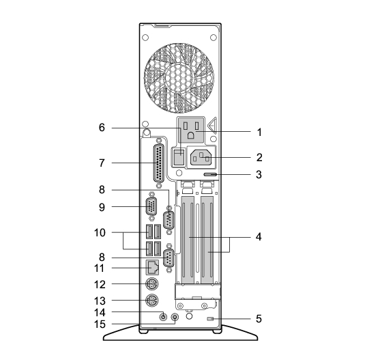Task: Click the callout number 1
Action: (x=259, y=133)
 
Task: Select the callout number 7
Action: (x=102, y=163)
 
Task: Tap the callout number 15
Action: (x=100, y=324)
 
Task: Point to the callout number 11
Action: (x=100, y=268)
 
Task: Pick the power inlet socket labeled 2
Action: (x=201, y=158)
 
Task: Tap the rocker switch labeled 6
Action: (x=179, y=156)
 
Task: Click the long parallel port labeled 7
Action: (x=159, y=163)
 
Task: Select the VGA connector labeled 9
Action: (x=151, y=206)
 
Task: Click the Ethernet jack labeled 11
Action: (x=152, y=267)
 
